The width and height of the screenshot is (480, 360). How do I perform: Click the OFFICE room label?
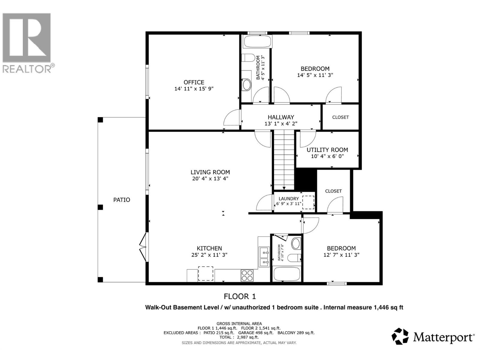(194, 82)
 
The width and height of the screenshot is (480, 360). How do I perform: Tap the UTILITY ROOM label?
(327, 150)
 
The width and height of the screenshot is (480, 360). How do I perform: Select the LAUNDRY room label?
(289, 199)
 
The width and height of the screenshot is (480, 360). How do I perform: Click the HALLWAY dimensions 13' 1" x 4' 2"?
(281, 124)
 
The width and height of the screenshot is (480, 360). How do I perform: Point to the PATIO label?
(121, 200)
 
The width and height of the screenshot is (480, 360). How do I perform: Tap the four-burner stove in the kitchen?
(247, 275)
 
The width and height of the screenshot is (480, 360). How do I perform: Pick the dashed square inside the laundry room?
(308, 202)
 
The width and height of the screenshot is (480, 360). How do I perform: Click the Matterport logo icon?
(400, 336)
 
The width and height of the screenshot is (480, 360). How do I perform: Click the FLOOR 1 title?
(240, 297)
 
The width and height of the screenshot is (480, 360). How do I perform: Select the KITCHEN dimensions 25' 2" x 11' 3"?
(209, 255)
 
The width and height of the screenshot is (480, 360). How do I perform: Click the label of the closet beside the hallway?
(340, 117)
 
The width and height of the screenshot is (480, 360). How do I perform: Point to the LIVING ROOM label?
(210, 172)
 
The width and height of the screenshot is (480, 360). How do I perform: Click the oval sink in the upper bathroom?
(247, 85)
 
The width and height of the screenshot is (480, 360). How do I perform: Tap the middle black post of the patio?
(100, 207)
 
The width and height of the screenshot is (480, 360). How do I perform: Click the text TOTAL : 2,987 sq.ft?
(239, 337)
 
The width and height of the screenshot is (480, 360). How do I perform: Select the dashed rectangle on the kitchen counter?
(205, 274)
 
